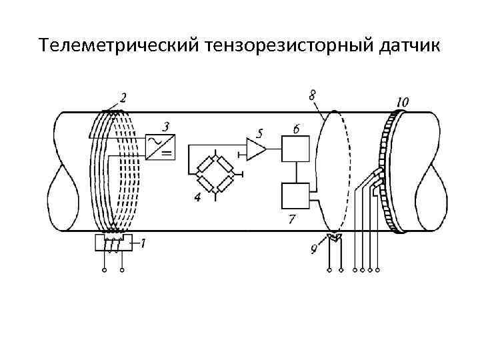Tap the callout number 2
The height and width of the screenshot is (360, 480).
click(x=123, y=98)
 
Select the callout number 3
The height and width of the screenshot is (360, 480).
click(x=165, y=126)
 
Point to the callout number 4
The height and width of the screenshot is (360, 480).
click(x=197, y=197)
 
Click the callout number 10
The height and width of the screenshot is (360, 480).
click(x=402, y=102)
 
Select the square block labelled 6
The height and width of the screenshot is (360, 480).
click(x=295, y=148)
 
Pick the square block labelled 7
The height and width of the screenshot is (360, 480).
click(x=295, y=195)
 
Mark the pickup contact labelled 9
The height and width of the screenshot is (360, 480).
click(x=334, y=238)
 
